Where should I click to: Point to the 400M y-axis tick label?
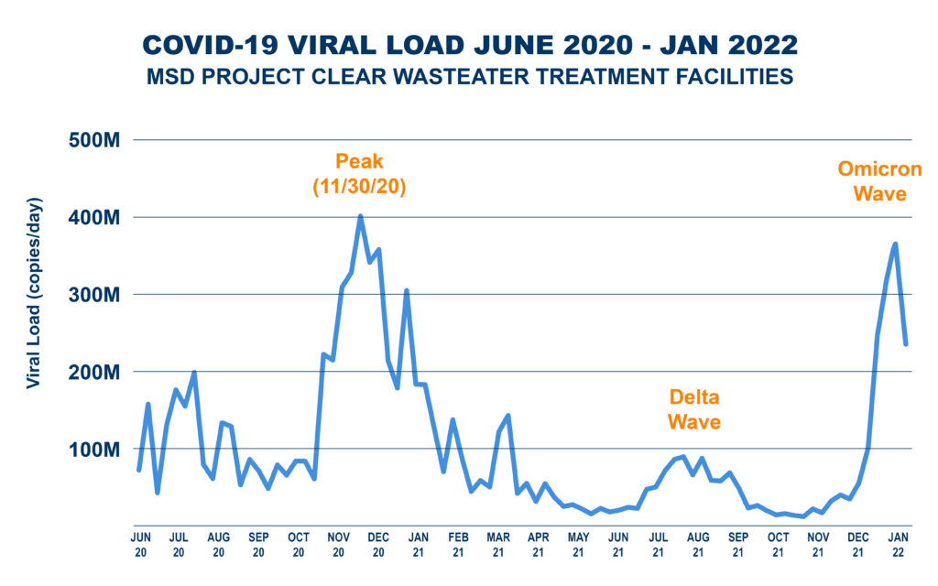[96, 218]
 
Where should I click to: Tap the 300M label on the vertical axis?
[96, 295]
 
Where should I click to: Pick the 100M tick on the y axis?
[96, 450]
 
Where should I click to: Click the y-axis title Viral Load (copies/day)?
[34, 292]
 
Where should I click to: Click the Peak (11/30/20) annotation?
[360, 174]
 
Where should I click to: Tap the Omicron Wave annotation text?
[879, 181]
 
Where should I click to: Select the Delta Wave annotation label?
[693, 409]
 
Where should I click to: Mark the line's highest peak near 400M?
[360, 216]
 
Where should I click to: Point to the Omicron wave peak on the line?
[895, 244]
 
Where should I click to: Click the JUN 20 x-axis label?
[140, 544]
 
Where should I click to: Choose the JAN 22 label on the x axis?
[899, 544]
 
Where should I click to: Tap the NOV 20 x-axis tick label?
[338, 544]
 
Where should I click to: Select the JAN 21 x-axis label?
[418, 544]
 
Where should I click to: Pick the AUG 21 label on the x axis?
[698, 544]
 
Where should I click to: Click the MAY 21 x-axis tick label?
[578, 544]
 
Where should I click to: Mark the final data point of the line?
[906, 344]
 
